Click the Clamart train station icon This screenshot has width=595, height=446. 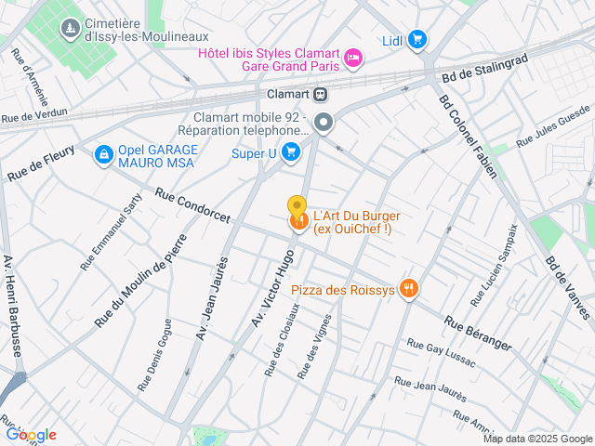point(320,94)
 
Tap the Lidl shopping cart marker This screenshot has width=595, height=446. point(417,39)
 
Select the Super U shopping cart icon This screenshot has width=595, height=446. point(291,152)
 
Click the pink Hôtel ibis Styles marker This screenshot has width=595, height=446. point(353,59)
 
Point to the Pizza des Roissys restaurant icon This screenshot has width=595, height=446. point(407,289)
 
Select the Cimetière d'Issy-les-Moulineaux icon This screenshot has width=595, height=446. point(69,30)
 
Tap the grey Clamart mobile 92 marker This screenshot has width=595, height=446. point(324,122)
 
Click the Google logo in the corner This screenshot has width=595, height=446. point(31,435)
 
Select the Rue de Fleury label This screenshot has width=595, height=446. point(40,167)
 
